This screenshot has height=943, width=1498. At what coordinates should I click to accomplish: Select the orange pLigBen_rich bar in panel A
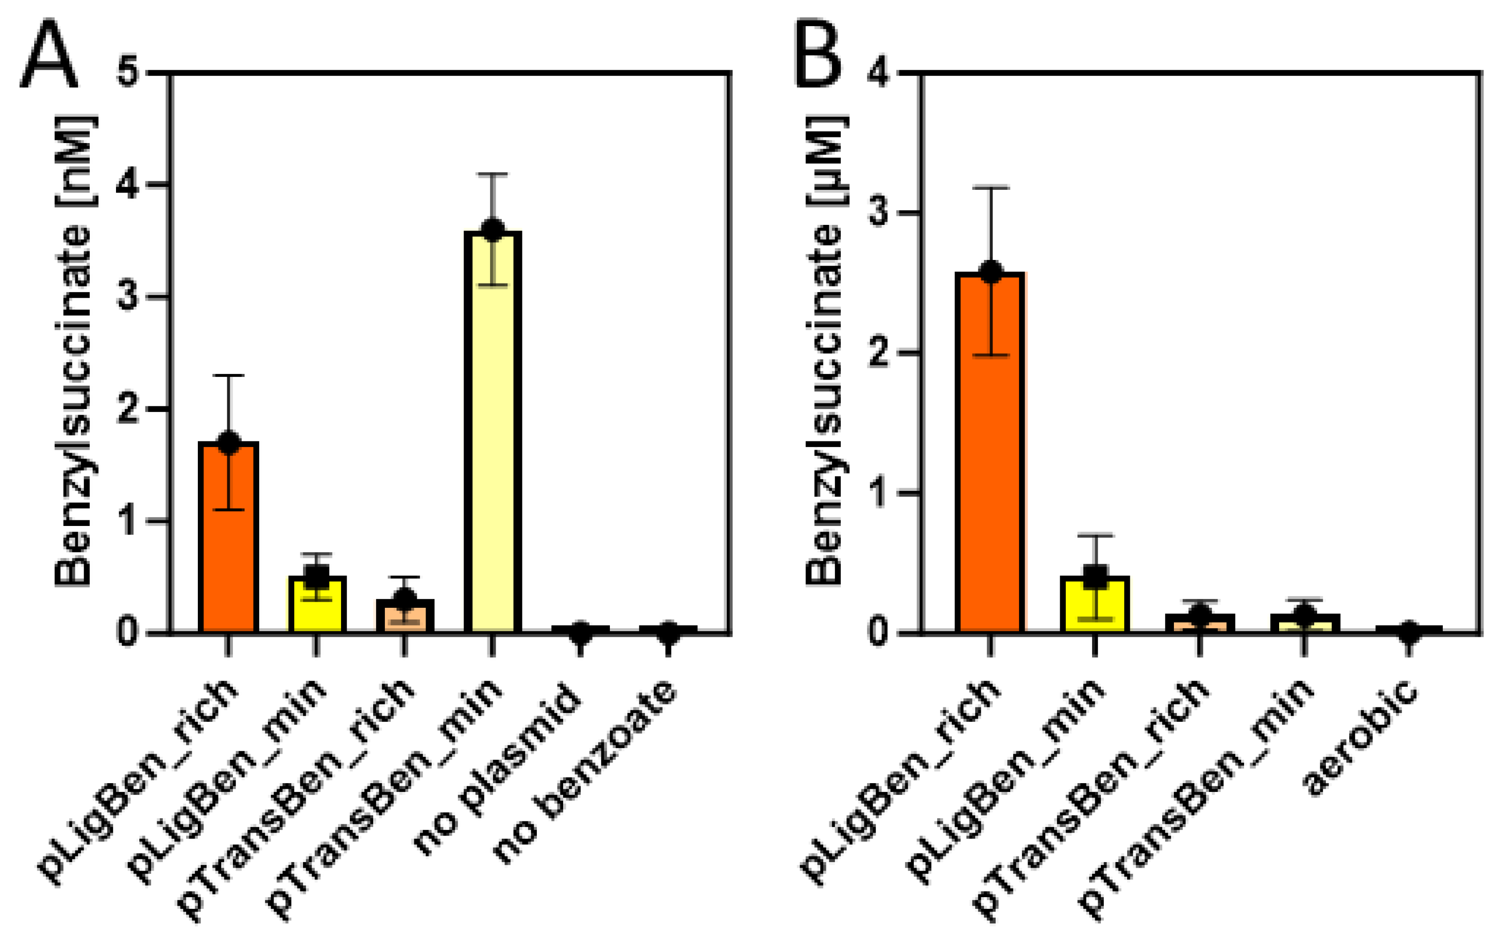[228, 547]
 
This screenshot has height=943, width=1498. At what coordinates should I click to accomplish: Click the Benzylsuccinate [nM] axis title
[73, 352]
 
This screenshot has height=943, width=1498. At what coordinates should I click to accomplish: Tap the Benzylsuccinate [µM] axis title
[824, 352]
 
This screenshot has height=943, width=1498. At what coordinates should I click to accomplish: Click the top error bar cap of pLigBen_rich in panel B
[991, 187]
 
